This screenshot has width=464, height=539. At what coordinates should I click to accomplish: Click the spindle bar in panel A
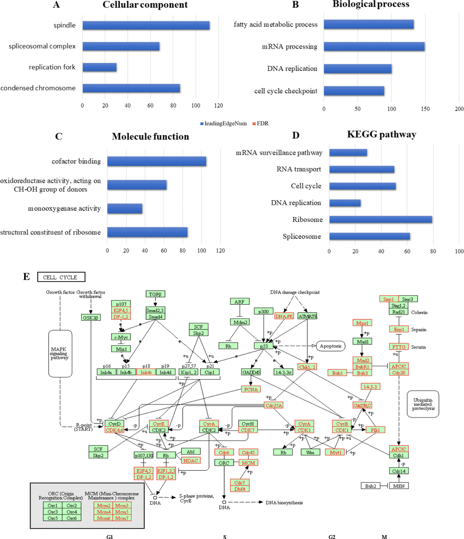(146, 25)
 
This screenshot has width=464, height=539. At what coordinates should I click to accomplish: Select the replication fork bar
(99, 67)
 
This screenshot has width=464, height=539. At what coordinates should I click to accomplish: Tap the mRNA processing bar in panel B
(374, 46)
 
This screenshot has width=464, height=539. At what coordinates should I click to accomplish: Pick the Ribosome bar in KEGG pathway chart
(380, 220)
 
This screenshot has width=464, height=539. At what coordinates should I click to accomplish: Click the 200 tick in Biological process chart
(459, 109)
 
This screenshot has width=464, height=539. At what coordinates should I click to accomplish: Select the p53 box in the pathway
(263, 346)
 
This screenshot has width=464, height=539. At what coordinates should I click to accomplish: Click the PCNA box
(251, 389)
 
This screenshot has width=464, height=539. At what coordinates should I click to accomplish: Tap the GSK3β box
(91, 317)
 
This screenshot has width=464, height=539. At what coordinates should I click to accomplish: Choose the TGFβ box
(155, 294)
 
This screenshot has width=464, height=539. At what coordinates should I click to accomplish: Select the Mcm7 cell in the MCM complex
(121, 518)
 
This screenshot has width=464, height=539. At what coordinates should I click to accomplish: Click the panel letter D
(296, 135)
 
